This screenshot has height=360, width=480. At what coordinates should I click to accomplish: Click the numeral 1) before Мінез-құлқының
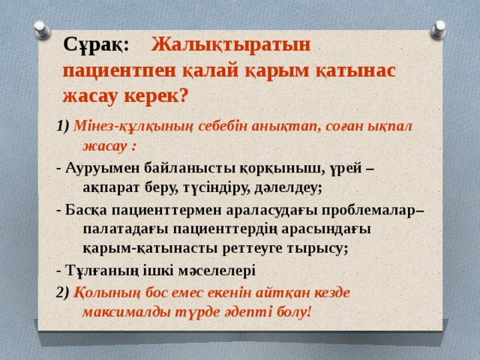62,126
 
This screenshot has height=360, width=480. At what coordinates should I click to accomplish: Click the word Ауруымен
102,166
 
